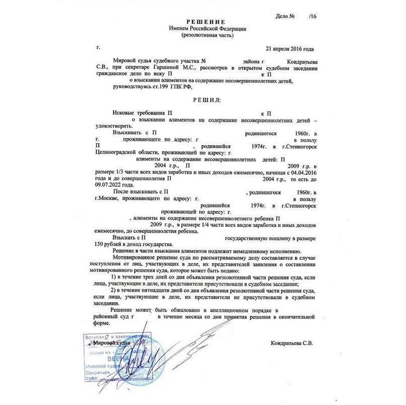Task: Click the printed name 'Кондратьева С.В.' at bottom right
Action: pos(292,343)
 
